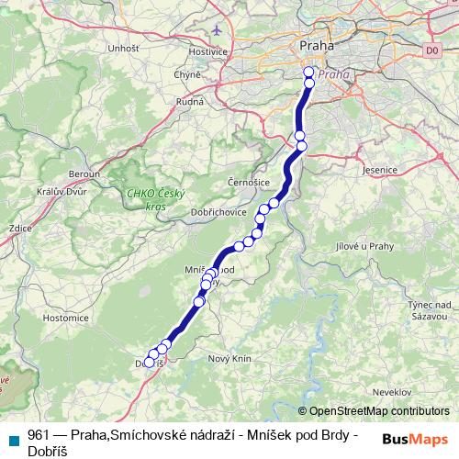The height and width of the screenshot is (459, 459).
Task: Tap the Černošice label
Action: coord(248,183)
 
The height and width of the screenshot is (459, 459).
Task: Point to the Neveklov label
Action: coord(384,391)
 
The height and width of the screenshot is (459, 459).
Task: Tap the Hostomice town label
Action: coord(65,318)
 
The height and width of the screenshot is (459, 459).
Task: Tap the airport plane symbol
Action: coord(217,29)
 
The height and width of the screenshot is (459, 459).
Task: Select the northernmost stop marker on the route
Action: coord(309,72)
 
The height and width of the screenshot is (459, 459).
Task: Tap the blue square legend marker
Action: coord(14,439)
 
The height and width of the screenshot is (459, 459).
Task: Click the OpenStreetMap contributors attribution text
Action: coord(378,411)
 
